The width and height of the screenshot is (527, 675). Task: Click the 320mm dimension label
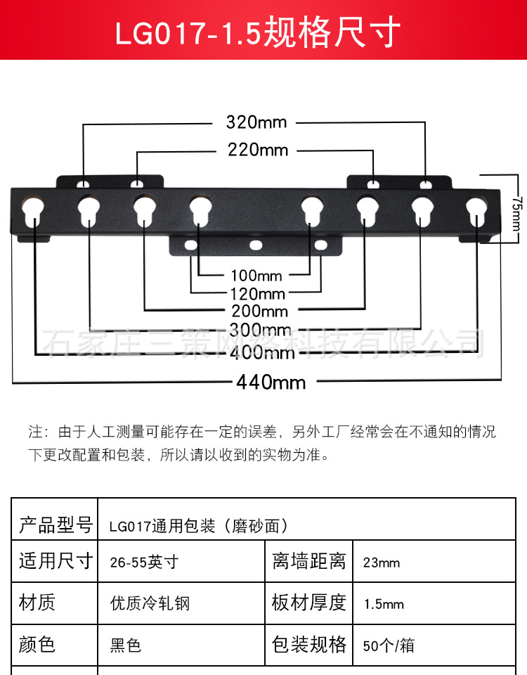[x=256, y=122]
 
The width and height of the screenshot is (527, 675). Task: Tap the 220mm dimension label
[x=258, y=150]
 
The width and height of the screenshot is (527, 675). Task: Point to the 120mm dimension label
[x=257, y=294]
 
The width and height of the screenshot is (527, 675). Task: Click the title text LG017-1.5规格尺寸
[x=263, y=32]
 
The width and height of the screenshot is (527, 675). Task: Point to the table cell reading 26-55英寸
[x=144, y=562]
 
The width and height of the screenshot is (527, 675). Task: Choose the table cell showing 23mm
[x=382, y=562]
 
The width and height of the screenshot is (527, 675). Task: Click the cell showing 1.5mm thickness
[x=384, y=604]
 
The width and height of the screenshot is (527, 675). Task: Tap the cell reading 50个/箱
[x=389, y=645]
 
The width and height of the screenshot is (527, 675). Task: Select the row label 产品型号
[x=56, y=525]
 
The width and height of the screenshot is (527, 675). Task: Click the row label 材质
[x=37, y=603]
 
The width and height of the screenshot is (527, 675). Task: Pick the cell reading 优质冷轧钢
[x=150, y=604]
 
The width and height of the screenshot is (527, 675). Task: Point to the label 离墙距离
[x=309, y=562]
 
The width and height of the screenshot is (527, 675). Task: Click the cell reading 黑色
[x=126, y=645]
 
